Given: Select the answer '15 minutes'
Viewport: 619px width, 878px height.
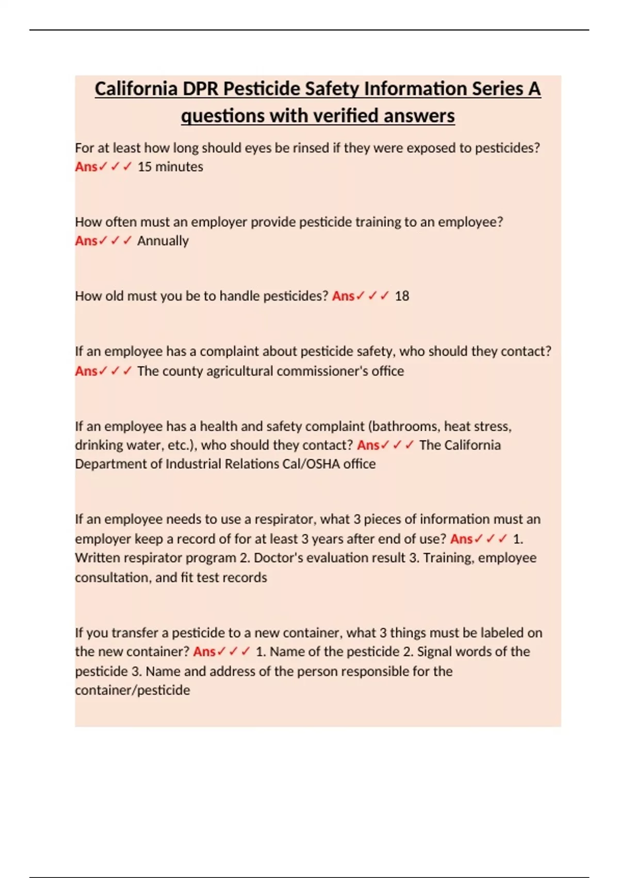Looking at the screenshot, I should [170, 167].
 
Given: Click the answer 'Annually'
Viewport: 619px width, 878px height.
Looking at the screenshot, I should [163, 241].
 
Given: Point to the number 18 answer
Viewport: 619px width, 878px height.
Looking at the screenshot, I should [402, 296].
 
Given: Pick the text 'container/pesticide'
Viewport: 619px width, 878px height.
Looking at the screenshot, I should [133, 690].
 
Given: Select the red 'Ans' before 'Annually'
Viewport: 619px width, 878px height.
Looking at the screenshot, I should [86, 241].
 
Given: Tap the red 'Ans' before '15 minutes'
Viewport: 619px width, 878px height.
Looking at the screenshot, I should [86, 167].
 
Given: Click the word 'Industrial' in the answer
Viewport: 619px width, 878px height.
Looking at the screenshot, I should [197, 464].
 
